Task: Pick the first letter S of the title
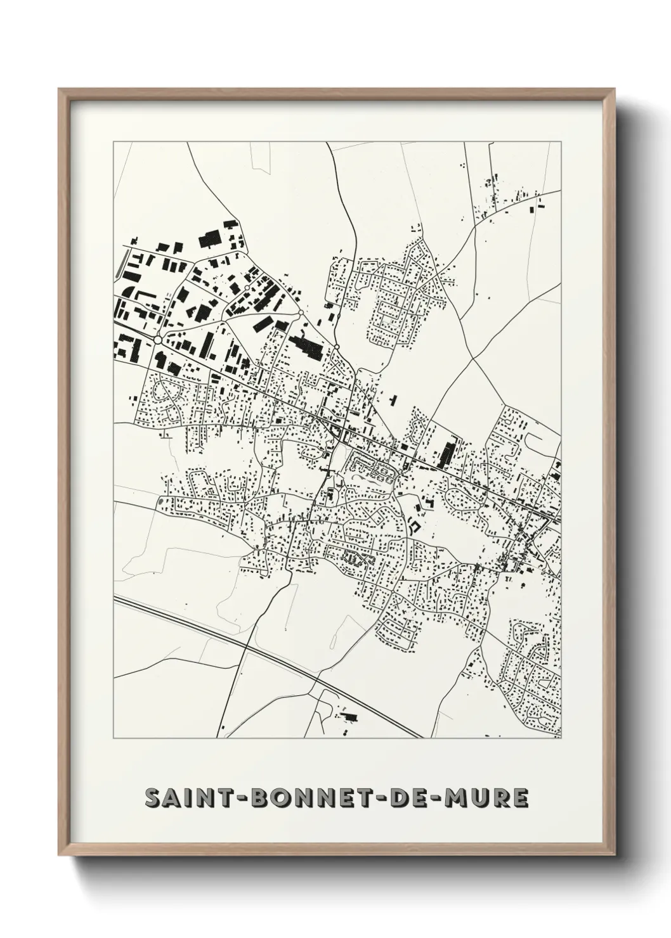pyautogui.click(x=152, y=798)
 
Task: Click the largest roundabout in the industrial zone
pyautogui.click(x=157, y=340)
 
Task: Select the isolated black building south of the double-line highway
pyautogui.click(x=349, y=717)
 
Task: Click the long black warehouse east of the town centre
pyautogui.click(x=446, y=452)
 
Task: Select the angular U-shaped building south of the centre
pyautogui.click(x=414, y=525)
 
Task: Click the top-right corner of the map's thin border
pyautogui.click(x=561, y=142)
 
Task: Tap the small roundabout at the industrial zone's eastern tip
pyautogui.click(x=337, y=346)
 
